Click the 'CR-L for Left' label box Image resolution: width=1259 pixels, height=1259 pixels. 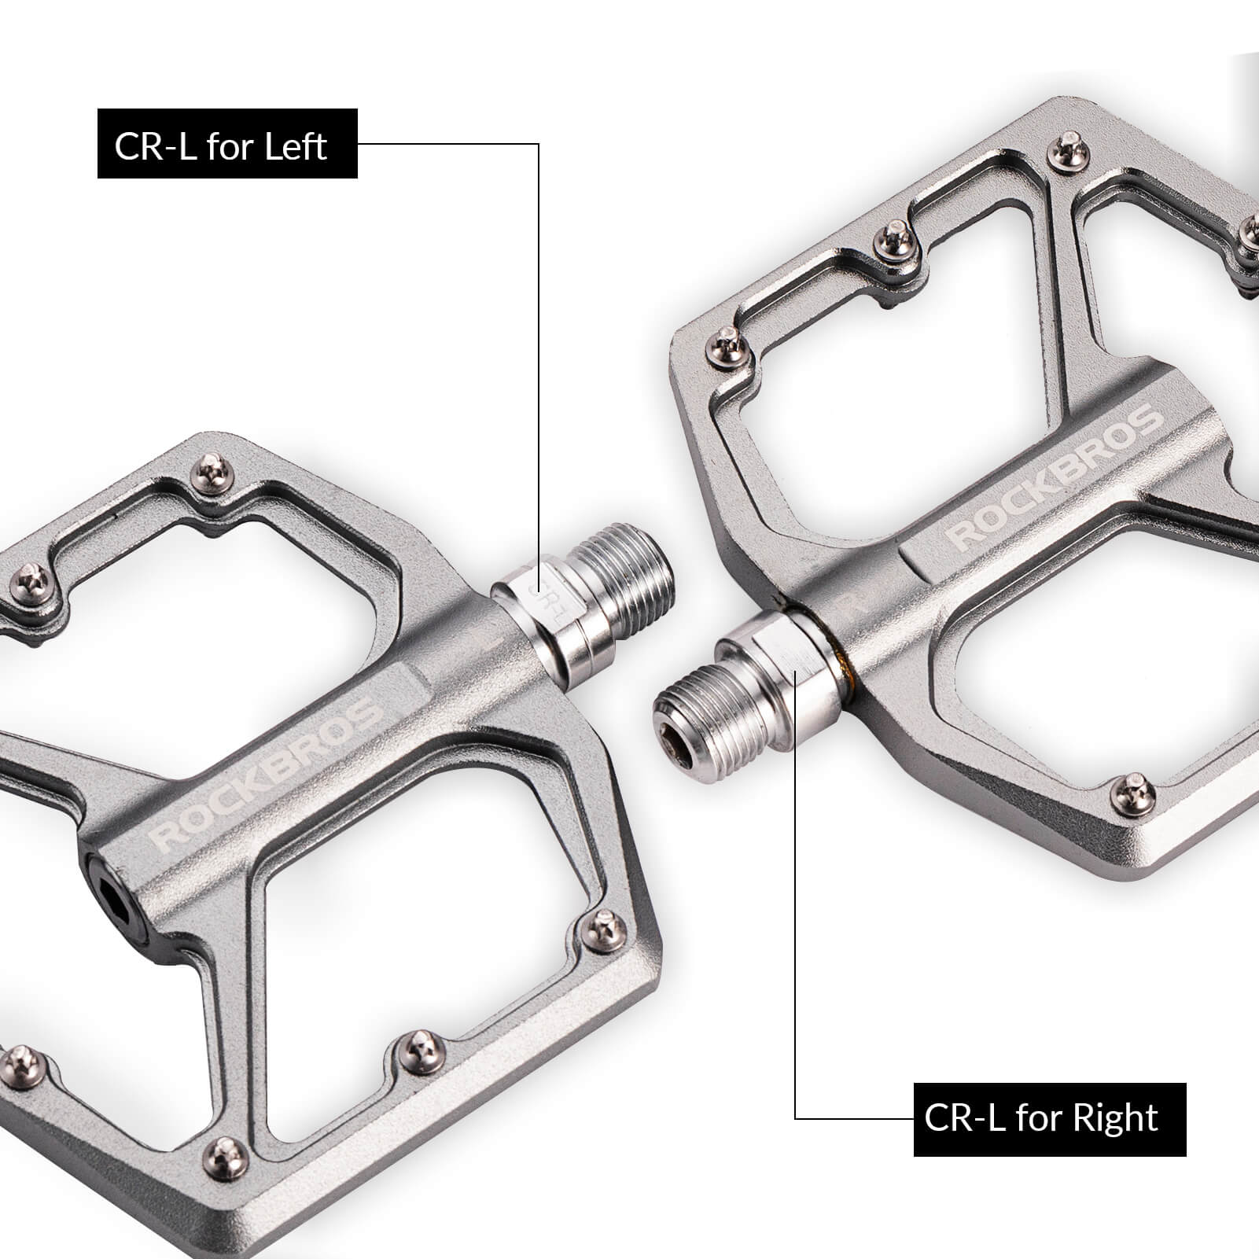[227, 144]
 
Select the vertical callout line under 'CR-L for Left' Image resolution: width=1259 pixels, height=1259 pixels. [539, 354]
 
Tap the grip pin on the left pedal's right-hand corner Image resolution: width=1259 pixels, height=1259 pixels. [606, 927]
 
